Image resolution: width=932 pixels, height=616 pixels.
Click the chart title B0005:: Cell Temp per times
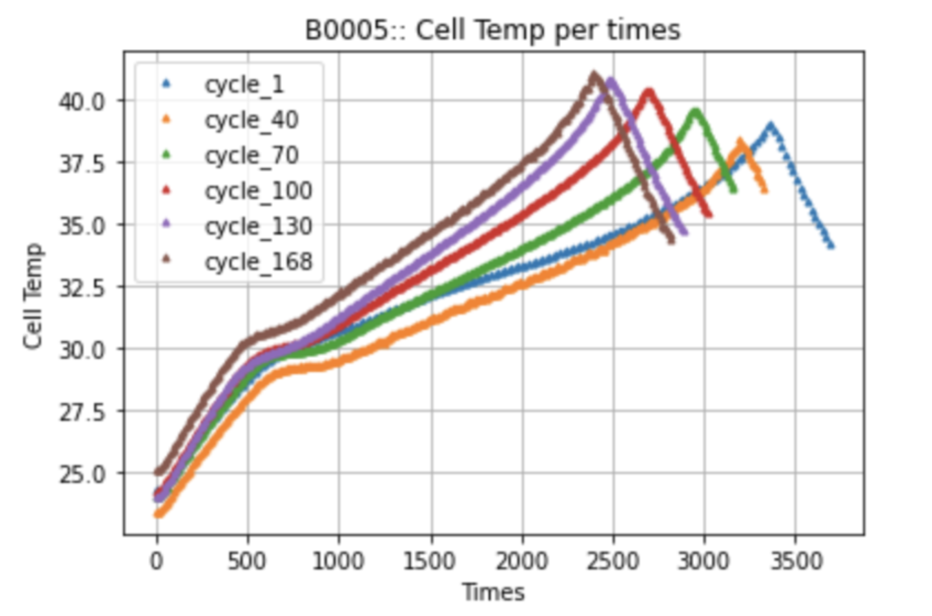tap(494, 30)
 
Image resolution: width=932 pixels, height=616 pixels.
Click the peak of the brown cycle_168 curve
tap(593, 73)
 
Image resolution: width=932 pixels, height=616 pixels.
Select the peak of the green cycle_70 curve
tap(694, 111)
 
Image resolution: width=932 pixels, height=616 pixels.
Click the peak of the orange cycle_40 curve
tap(740, 141)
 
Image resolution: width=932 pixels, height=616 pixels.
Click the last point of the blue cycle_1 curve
tap(831, 246)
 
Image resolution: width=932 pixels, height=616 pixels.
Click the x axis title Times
tap(493, 592)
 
